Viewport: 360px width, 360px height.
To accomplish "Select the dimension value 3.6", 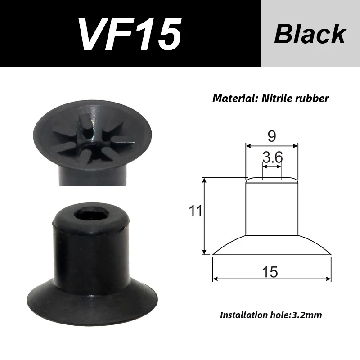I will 272,157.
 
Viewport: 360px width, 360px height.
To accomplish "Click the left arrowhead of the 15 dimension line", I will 215,279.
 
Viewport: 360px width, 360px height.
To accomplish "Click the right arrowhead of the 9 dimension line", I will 296,145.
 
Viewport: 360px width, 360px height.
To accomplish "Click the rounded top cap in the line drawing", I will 272,180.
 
